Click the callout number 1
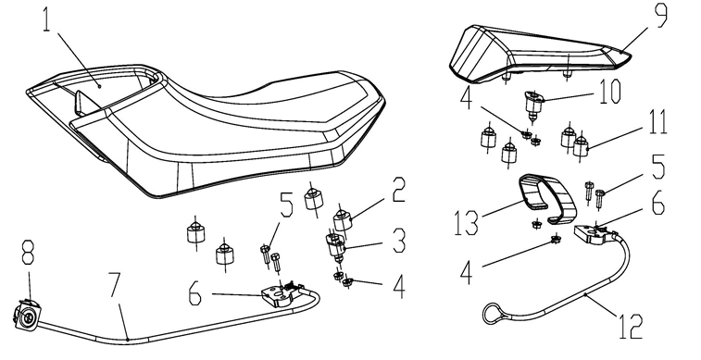pyautogui.click(x=47, y=19)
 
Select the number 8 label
pyautogui.click(x=28, y=252)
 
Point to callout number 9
pyautogui.click(x=661, y=15)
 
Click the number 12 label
pyautogui.click(x=631, y=326)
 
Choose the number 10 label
pyautogui.click(x=610, y=93)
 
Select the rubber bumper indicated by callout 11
pyautogui.click(x=581, y=145)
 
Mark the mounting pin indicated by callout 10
pyautogui.click(x=532, y=106)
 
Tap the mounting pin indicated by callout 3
pyautogui.click(x=337, y=246)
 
